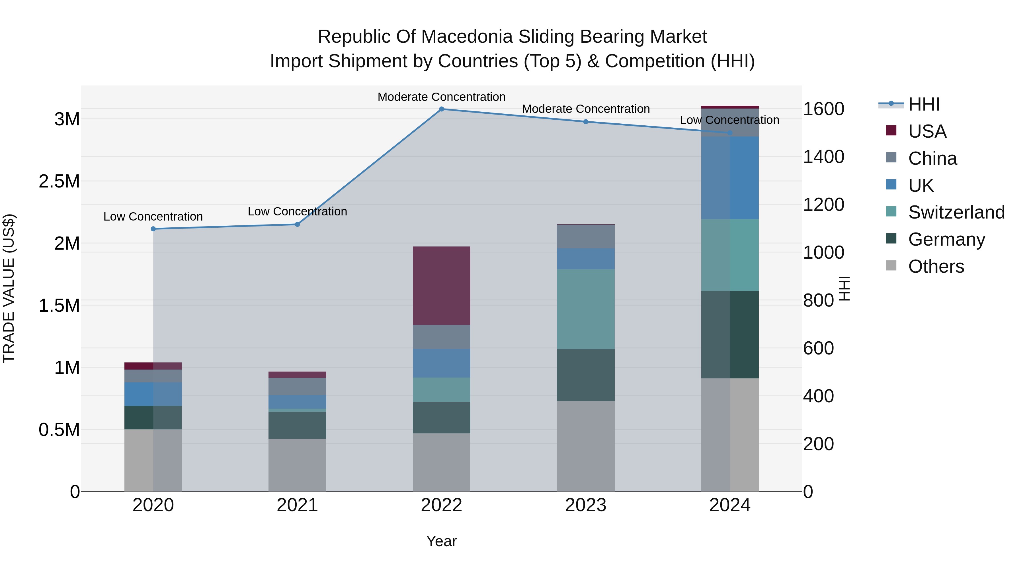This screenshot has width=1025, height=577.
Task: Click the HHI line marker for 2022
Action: pyautogui.click(x=441, y=109)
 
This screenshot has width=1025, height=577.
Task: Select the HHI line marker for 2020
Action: pyautogui.click(x=153, y=229)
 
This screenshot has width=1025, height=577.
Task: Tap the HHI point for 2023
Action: pyautogui.click(x=586, y=122)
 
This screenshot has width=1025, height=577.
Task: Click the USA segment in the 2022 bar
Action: pyautogui.click(x=441, y=286)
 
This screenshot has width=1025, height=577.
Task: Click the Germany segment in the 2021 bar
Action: pyautogui.click(x=297, y=425)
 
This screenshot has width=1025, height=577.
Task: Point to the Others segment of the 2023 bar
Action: pyautogui.click(x=586, y=446)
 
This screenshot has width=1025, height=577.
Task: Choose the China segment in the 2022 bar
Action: pyautogui.click(x=441, y=337)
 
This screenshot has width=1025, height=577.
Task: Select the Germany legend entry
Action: pyautogui.click(x=946, y=239)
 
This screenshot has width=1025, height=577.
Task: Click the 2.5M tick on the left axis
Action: pyautogui.click(x=59, y=182)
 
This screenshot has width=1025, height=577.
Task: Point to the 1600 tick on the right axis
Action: pyautogui.click(x=823, y=109)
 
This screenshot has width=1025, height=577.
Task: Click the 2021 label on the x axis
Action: pyautogui.click(x=297, y=505)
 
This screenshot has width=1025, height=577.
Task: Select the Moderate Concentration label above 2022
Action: pyautogui.click(x=441, y=97)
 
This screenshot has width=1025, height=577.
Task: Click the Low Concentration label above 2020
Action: pyautogui.click(x=153, y=217)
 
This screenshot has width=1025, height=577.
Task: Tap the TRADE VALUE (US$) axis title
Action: pyautogui.click(x=9, y=288)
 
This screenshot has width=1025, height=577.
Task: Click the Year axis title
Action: pyautogui.click(x=441, y=541)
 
